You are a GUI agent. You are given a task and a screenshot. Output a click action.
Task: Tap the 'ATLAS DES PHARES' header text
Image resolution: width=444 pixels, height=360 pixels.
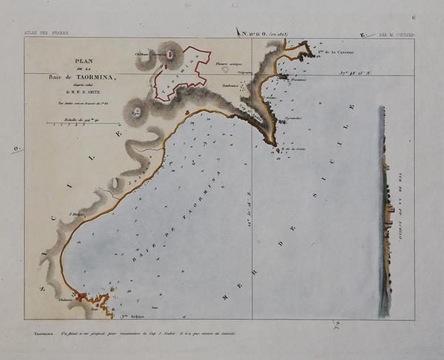click(44, 33)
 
